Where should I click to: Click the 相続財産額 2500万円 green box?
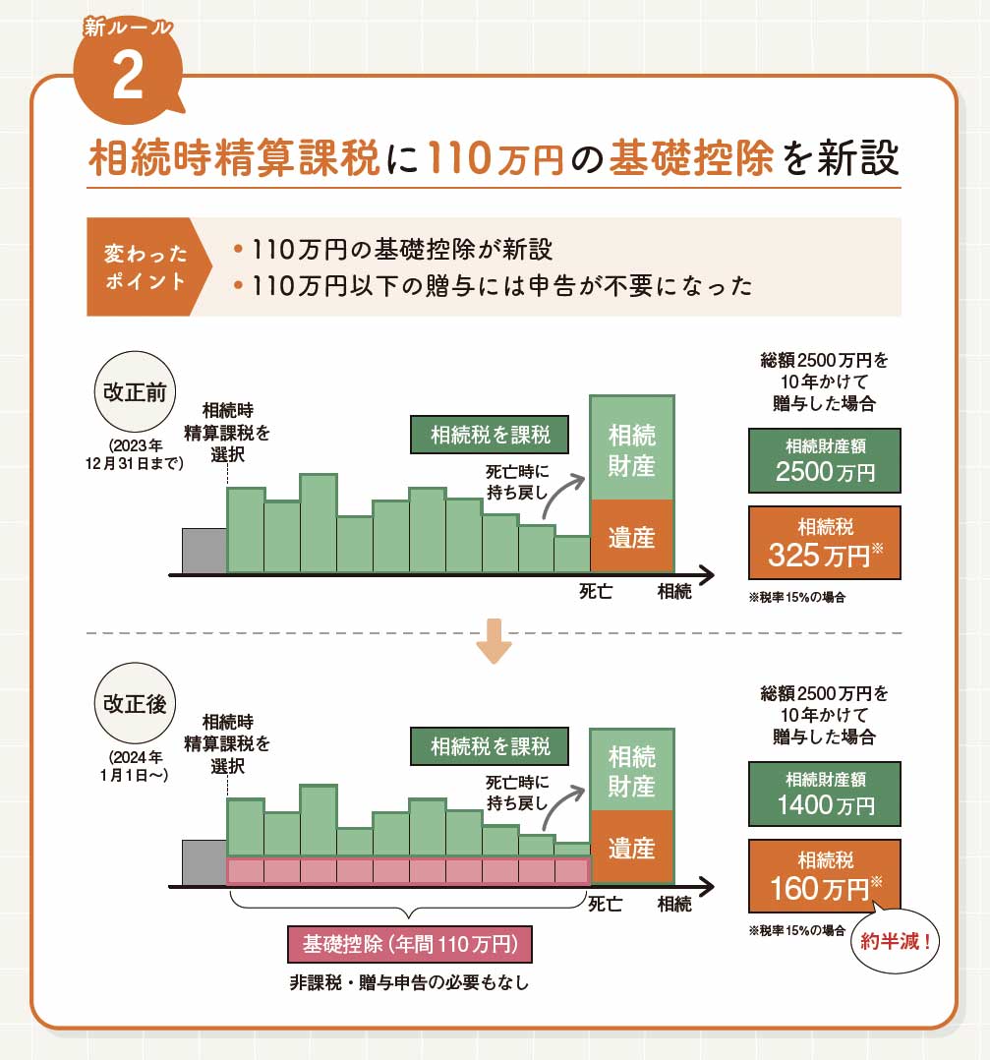pyautogui.click(x=824, y=459)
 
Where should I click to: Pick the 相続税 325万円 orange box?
pyautogui.click(x=824, y=543)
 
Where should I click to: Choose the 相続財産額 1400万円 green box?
pyautogui.click(x=824, y=794)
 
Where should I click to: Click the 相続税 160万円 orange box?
pyautogui.click(x=824, y=876)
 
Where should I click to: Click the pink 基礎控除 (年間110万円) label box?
pyautogui.click(x=409, y=945)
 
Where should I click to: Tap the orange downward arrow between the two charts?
pyautogui.click(x=493, y=640)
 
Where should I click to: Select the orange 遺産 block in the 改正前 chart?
pyautogui.click(x=631, y=536)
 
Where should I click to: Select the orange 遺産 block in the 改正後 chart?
pyautogui.click(x=631, y=847)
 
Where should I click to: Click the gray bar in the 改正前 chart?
pyautogui.click(x=204, y=550)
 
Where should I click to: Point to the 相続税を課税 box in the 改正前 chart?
pyautogui.click(x=490, y=433)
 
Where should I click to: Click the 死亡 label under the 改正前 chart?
pyautogui.click(x=596, y=592)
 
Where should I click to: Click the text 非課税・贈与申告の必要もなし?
pyautogui.click(x=408, y=981)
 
